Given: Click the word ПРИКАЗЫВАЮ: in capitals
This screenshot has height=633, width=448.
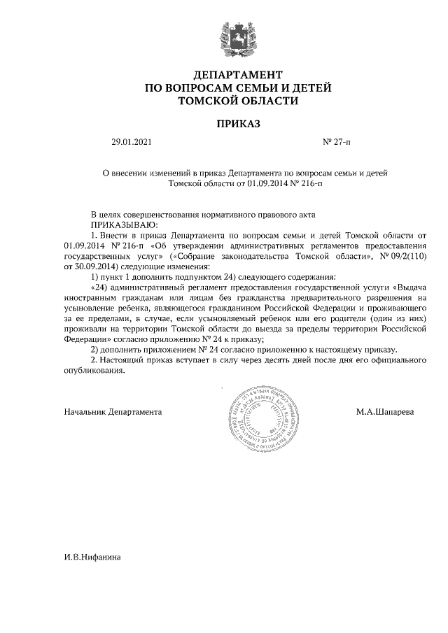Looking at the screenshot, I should (x=125, y=225).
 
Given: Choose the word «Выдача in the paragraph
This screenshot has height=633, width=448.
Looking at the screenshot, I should (x=410, y=287).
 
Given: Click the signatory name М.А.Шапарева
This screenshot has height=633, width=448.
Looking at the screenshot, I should (x=384, y=412).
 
